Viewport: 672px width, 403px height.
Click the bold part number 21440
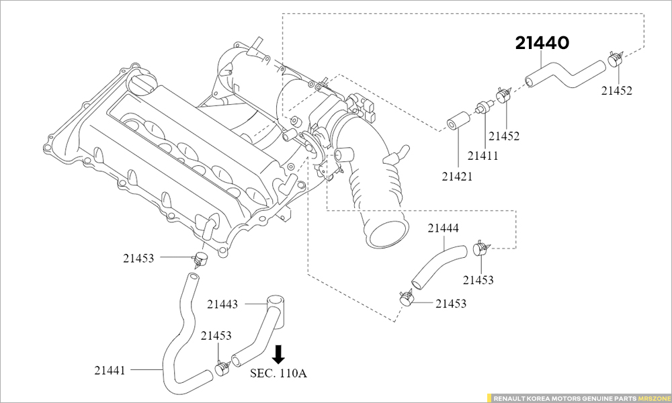pos(542,44)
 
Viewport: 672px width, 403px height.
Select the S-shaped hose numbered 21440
pos(564,73)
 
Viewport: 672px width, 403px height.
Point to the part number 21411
pos(483,156)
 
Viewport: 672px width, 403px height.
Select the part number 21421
pos(457,177)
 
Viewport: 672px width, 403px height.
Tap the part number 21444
pos(444,228)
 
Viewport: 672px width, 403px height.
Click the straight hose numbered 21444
pos(437,265)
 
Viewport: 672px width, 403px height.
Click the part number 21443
pos(222,304)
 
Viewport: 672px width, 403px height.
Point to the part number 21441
pos(110,369)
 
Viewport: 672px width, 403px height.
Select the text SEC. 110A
pos(278,373)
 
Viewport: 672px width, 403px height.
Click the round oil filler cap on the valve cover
pos(142,84)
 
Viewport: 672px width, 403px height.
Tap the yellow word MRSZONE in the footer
pos(654,398)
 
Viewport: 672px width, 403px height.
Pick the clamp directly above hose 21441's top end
pos(198,258)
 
